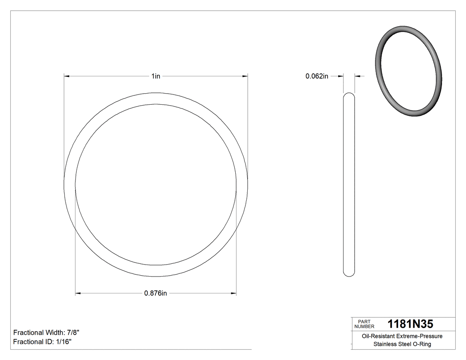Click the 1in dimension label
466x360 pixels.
coord(155,76)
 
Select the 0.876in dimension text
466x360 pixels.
coord(155,293)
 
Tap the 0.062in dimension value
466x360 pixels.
coord(316,76)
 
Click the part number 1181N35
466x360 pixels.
coord(411,324)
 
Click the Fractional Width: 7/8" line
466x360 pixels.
coord(47,332)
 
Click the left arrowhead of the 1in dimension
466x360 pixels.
coord(67,76)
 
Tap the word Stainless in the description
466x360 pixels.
coord(384,344)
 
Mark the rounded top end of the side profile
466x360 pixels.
coord(350,95)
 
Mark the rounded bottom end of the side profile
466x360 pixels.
coord(350,274)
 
